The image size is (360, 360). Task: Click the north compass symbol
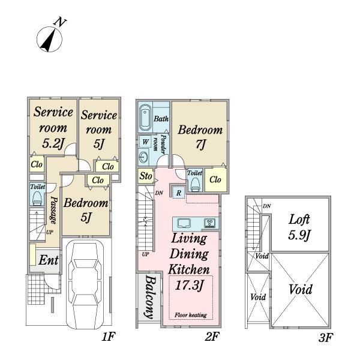point(49,39)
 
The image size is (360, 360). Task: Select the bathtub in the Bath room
point(146,118)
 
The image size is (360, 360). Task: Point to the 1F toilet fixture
point(37,198)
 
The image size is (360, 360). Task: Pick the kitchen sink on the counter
point(184,223)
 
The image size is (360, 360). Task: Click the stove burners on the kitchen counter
point(210,223)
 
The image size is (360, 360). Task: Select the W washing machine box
point(145,142)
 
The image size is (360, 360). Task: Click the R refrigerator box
point(179,193)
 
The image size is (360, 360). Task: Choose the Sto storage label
point(146,176)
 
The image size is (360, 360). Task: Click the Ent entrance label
point(49,260)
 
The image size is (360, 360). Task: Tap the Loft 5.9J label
point(299,227)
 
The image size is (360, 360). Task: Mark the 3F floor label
point(326,338)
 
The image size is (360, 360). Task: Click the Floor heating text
point(191,315)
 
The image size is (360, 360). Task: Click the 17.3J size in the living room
point(190,286)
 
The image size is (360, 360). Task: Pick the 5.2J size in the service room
point(53,143)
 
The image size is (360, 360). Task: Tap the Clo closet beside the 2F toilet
point(215,180)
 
